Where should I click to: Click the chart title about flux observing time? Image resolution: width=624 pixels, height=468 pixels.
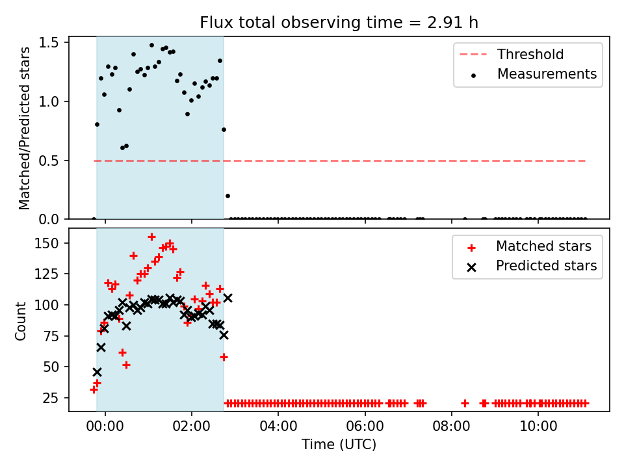(339, 23)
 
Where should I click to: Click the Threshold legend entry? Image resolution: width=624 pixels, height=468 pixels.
(512, 54)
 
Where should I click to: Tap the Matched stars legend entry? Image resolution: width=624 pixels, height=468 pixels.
(529, 246)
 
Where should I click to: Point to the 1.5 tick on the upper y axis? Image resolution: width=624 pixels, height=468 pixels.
(49, 43)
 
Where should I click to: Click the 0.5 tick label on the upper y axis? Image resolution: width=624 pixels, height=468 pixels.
(49, 161)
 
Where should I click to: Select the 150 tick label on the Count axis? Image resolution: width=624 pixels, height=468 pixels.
(47, 243)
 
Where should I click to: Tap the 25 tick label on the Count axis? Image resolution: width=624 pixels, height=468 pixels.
(51, 398)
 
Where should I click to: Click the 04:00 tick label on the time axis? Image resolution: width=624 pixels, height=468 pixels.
(278, 426)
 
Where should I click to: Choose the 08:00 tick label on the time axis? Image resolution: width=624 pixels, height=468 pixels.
(451, 426)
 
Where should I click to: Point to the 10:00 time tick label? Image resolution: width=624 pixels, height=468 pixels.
(538, 426)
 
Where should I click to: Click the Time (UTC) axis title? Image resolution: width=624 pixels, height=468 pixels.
(339, 444)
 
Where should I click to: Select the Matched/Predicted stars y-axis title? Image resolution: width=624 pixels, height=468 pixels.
(24, 128)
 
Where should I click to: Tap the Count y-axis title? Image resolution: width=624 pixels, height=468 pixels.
(20, 320)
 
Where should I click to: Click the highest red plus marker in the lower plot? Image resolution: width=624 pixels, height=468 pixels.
(151, 237)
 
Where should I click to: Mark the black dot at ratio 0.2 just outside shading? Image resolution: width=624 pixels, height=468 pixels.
(227, 196)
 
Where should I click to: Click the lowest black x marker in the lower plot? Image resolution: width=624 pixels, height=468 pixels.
(97, 372)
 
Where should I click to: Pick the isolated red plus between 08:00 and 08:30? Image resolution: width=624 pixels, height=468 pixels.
(465, 404)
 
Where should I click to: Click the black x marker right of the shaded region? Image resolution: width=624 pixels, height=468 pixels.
(227, 298)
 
